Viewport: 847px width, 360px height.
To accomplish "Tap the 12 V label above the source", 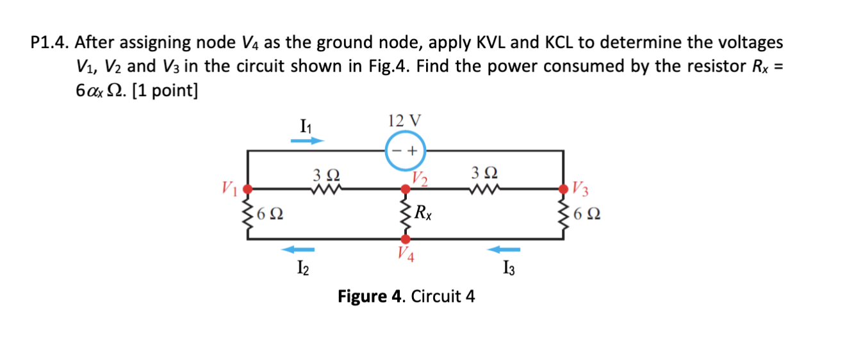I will [x=404, y=120].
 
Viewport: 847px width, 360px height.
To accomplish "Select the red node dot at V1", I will [x=248, y=190].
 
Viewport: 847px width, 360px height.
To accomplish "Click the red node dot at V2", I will [x=405, y=190].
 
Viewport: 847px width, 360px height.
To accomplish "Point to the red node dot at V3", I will [x=564, y=190].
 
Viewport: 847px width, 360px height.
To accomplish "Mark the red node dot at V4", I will [x=405, y=239].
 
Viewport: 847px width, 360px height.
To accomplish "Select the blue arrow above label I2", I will [x=299, y=249].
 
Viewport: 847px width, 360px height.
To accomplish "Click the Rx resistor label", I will [x=423, y=212].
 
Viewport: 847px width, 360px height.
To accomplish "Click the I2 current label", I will [x=302, y=268].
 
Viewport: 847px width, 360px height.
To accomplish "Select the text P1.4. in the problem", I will [x=51, y=43].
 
